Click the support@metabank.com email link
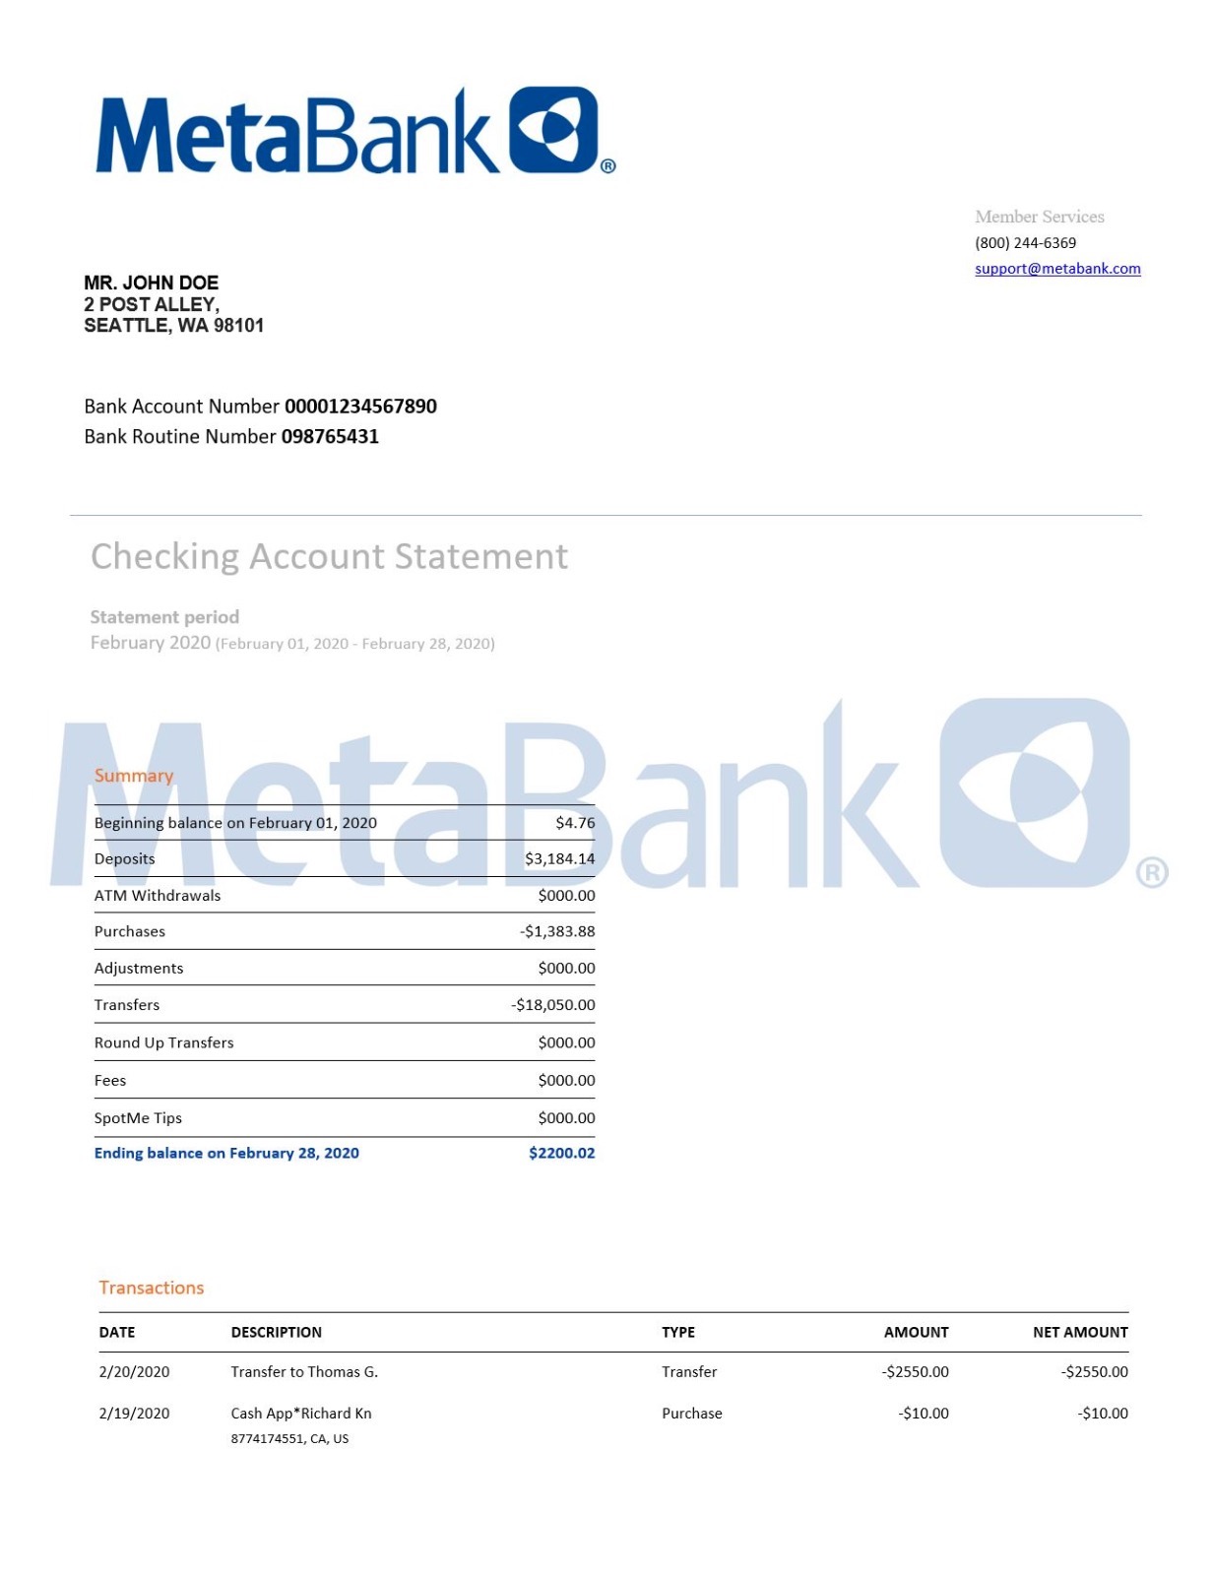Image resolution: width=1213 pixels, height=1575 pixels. [x=1057, y=269]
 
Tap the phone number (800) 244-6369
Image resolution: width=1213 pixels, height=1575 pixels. [x=1025, y=243]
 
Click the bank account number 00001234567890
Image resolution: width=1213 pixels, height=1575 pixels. [x=360, y=407]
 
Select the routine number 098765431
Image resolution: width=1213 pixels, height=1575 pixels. [x=330, y=437]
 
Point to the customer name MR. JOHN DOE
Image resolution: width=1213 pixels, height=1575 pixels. [x=151, y=283]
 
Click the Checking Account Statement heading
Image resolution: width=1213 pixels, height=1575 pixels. [x=329, y=557]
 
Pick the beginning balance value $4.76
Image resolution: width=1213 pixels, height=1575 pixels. [x=575, y=823]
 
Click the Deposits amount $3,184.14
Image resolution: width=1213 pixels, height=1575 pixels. [x=559, y=859]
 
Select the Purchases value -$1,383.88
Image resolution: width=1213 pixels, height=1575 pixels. [x=557, y=932]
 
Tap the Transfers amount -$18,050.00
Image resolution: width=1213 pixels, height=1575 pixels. [x=553, y=1005]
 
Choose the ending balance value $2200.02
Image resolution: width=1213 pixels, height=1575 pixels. [x=561, y=1154]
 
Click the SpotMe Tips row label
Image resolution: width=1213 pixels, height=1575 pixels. [x=138, y=1118]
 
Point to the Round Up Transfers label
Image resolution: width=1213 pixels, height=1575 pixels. [x=163, y=1043]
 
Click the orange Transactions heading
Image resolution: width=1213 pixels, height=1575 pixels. [x=152, y=1289]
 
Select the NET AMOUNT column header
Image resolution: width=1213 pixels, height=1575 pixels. [x=1080, y=1333]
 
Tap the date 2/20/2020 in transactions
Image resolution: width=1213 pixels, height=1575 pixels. [x=134, y=1372]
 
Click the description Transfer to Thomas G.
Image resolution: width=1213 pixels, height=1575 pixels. [x=304, y=1372]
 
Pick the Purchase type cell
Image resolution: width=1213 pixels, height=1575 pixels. [x=691, y=1414]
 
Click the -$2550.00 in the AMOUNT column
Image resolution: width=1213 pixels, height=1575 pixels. [x=916, y=1372]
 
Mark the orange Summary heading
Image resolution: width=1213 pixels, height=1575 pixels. [x=134, y=777]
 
